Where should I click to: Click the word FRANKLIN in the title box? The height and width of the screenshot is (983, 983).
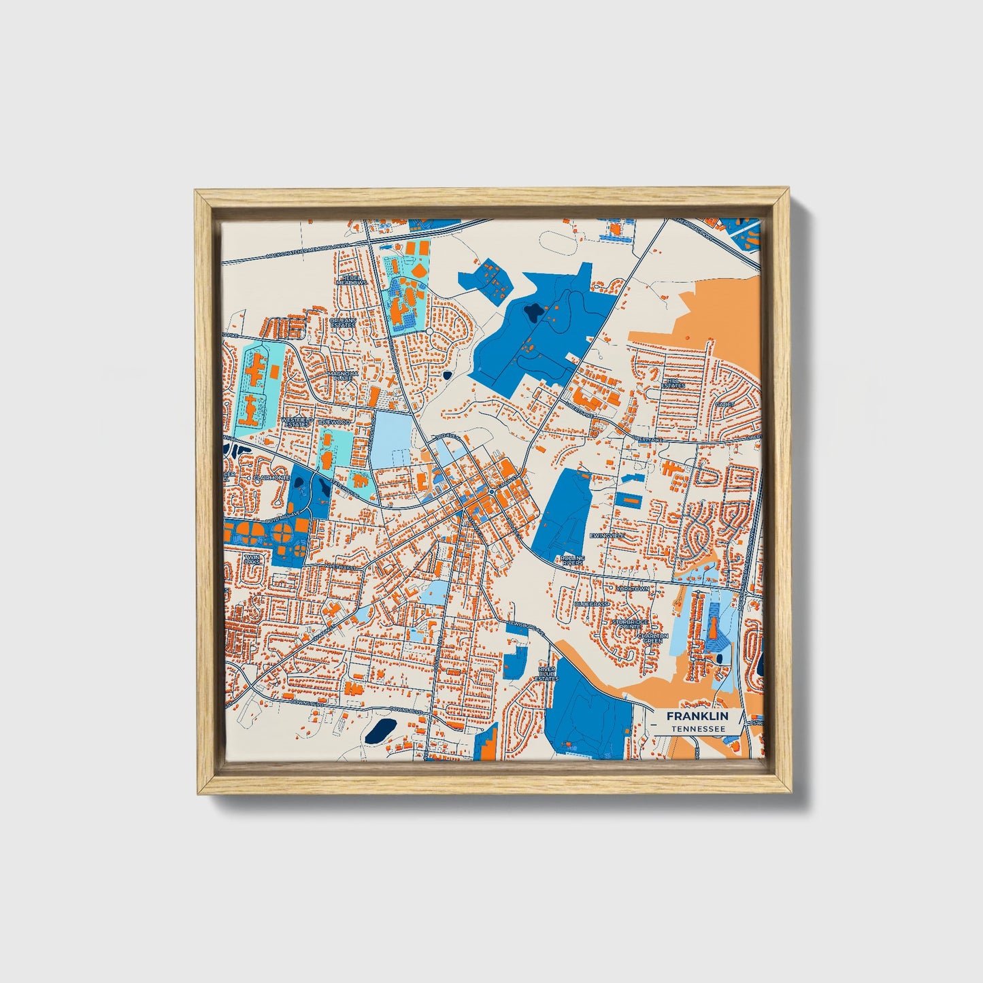tap(697, 716)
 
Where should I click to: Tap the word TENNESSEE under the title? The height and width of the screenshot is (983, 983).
tap(697, 729)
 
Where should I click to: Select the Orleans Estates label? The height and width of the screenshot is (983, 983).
tap(342, 322)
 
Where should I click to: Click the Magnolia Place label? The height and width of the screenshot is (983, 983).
tap(342, 376)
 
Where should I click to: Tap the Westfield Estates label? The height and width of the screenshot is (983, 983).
tap(297, 422)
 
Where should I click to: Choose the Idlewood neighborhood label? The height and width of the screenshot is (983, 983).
tap(335, 422)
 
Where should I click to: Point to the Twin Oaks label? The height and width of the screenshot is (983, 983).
tap(252, 559)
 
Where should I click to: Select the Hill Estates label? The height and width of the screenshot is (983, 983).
tap(673, 383)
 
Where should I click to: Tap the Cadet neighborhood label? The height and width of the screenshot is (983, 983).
tap(723, 404)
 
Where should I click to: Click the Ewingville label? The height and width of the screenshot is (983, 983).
tap(607, 536)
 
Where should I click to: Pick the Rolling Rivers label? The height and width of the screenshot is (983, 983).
tap(572, 561)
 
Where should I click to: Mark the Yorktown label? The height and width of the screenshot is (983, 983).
tap(633, 588)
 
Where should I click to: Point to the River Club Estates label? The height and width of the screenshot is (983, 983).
tap(546, 673)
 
